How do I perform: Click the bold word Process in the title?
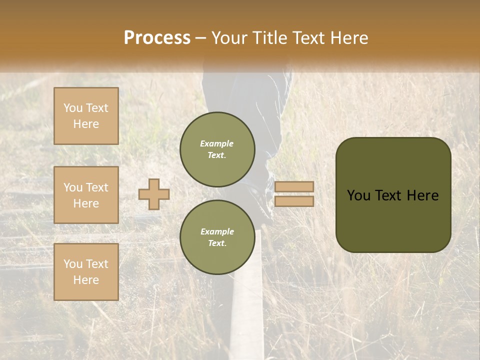pyautogui.click(x=157, y=37)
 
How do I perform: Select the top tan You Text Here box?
pyautogui.click(x=86, y=116)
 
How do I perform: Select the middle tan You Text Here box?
pyautogui.click(x=86, y=195)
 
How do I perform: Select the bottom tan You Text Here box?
pyautogui.click(x=86, y=272)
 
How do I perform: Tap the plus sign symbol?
pyautogui.click(x=154, y=194)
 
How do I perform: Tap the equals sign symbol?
pyautogui.click(x=294, y=194)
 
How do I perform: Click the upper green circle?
pyautogui.click(x=217, y=149)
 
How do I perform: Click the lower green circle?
pyautogui.click(x=217, y=237)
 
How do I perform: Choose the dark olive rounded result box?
pyautogui.click(x=393, y=195)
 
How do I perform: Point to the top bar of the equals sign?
pyautogui.click(x=294, y=187)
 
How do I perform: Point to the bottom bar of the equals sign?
pyautogui.click(x=294, y=201)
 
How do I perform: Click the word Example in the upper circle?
pyautogui.click(x=217, y=143)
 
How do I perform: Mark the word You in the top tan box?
pyautogui.click(x=73, y=108)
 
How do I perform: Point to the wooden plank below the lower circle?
pyautogui.click(x=247, y=310)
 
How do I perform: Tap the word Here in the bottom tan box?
pyautogui.click(x=86, y=280)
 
